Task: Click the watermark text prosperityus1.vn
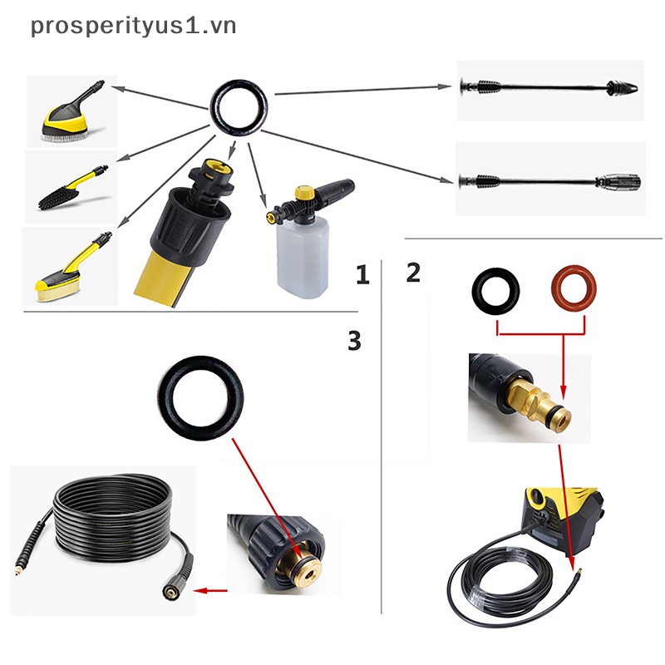[x=133, y=26]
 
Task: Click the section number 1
[x=362, y=275]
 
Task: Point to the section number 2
[x=413, y=272]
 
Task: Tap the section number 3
[x=354, y=340]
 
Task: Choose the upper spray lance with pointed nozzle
[x=549, y=86]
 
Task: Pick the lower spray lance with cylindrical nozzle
[x=549, y=180]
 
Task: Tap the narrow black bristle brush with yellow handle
[x=71, y=187]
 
